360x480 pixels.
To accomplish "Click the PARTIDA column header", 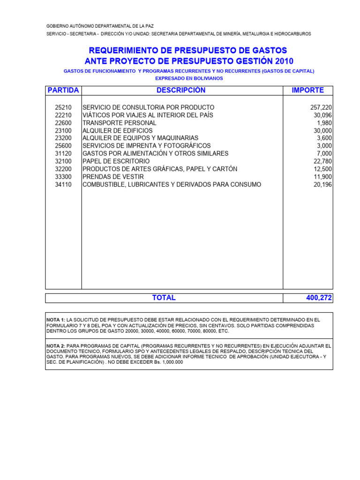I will pyautogui.click(x=63, y=90).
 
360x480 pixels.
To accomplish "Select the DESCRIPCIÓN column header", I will pyautogui.click(x=181, y=90).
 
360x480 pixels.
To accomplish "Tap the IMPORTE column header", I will pyautogui.click(x=307, y=90).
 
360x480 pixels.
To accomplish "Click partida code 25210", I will pyautogui.click(x=63, y=107).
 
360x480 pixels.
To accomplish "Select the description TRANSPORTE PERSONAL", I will pyautogui.click(x=120, y=123).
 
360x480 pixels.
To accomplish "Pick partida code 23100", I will pyautogui.click(x=63, y=130).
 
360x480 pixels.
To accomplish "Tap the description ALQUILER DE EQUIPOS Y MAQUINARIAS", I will pyautogui.click(x=140, y=138).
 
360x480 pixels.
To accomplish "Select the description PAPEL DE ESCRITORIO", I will pyautogui.click(x=116, y=161).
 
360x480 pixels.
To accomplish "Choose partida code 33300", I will pyautogui.click(x=63, y=177).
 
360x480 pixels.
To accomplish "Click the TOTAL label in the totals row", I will pyautogui.click(x=164, y=298).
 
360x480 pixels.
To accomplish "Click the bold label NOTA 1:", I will pyautogui.click(x=56, y=319).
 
